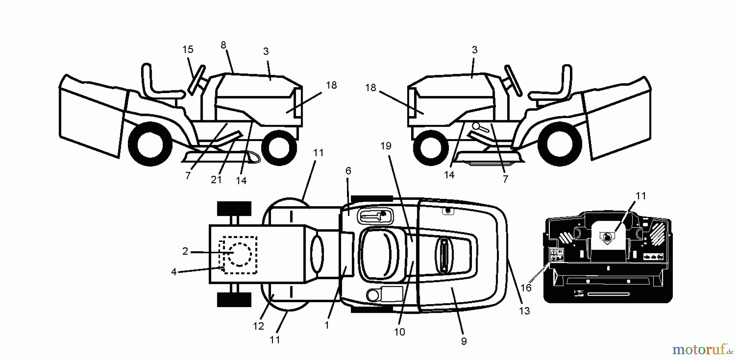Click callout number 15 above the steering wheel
click(x=188, y=50)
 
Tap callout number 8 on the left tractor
click(x=223, y=45)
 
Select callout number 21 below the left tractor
click(x=216, y=180)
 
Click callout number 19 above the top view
click(x=386, y=146)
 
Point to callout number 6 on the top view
click(x=348, y=171)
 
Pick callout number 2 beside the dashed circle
click(x=185, y=251)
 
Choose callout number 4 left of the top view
click(x=174, y=272)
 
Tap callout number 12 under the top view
click(x=258, y=326)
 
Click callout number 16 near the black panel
click(x=526, y=288)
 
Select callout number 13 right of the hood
click(x=524, y=311)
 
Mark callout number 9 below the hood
click(x=464, y=341)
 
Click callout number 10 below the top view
click(x=399, y=332)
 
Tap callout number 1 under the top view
click(x=327, y=325)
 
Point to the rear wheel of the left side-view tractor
click(x=150, y=146)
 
